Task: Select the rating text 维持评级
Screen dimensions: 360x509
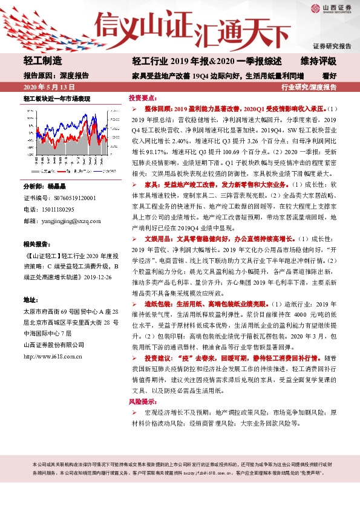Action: [x=318, y=62]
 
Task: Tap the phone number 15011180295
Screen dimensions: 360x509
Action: [x=57, y=192]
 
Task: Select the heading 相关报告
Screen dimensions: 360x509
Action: [x=38, y=227]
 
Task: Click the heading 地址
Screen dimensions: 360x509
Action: [x=30, y=283]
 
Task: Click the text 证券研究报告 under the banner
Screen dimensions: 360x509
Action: [x=332, y=47]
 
